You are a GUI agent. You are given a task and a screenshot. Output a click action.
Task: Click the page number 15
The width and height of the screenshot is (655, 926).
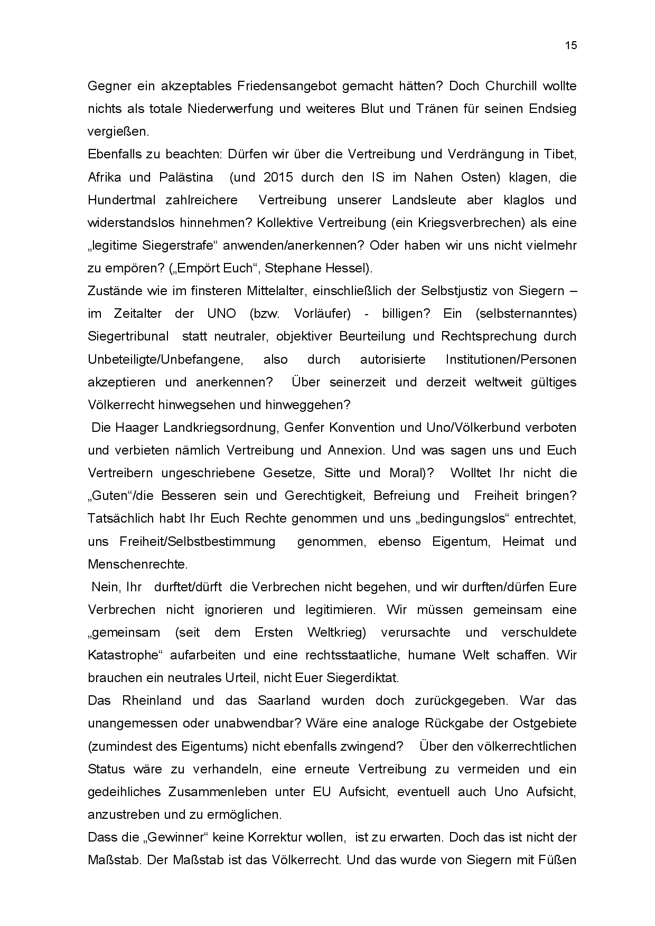(570, 45)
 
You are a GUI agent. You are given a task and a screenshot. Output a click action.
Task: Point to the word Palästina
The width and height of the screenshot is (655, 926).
(186, 177)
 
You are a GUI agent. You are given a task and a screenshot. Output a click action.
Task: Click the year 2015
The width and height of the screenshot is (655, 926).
(278, 177)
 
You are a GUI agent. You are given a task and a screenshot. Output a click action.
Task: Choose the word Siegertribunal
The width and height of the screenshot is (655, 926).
(128, 336)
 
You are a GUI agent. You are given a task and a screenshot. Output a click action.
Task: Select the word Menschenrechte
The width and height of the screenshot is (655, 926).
(137, 564)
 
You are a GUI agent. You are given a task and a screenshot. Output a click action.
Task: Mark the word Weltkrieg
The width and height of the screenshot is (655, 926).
(336, 632)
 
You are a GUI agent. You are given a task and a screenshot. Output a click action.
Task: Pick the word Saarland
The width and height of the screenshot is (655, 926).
(284, 701)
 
